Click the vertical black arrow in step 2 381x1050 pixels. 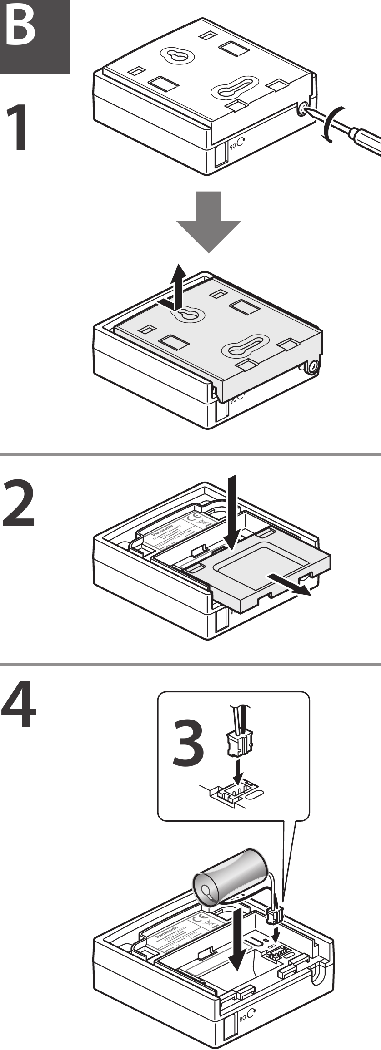(232, 511)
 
